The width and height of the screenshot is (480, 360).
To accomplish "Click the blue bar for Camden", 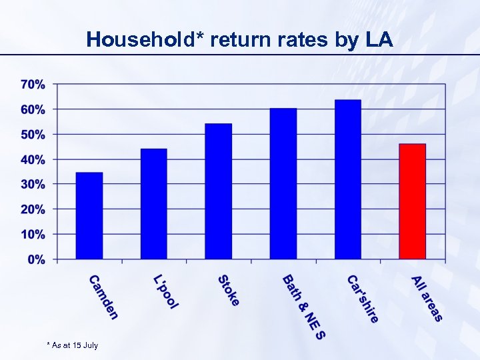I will (89, 215).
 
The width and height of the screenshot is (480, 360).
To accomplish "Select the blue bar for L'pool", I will (154, 203).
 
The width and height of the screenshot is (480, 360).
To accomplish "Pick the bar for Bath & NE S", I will (283, 183).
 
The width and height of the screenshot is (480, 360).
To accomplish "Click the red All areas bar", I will (412, 201).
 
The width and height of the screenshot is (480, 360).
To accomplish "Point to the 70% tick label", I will (33, 85).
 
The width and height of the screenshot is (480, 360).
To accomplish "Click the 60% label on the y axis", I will (33, 109).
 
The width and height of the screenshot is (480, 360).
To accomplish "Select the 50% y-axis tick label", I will (33, 135).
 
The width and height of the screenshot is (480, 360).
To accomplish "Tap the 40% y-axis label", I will (33, 160).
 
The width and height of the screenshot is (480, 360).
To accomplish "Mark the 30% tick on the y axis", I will (33, 184).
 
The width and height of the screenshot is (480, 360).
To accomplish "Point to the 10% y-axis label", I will (33, 235).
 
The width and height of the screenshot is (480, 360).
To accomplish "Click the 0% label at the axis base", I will (37, 259).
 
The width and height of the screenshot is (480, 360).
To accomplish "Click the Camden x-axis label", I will (103, 297).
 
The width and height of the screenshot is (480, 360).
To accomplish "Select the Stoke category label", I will (229, 291).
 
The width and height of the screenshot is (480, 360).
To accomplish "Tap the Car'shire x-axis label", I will (363, 299).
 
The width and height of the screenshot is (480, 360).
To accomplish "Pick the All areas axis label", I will (427, 298).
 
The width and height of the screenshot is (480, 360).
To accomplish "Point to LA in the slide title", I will (379, 40).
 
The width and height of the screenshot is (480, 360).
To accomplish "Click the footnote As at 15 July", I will (73, 345).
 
